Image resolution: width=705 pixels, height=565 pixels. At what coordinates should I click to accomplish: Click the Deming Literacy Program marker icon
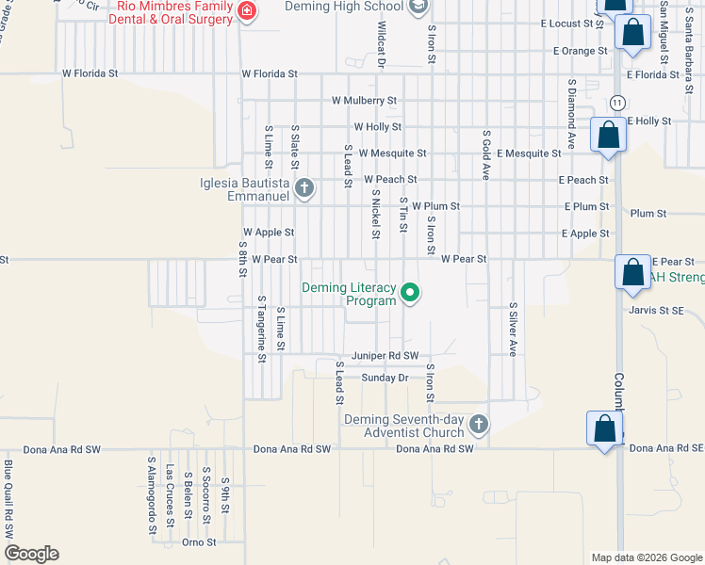point(410,294)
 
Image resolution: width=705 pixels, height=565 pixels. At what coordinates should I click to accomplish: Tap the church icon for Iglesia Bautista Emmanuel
point(303,188)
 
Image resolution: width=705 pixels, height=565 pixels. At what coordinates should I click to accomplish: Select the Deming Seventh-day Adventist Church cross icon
point(478,425)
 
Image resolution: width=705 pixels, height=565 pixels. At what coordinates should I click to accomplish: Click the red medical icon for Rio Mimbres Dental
point(247,11)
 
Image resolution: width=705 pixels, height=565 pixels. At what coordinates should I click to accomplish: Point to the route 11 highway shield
point(616,102)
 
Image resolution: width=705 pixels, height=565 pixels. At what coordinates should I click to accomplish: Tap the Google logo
point(31,554)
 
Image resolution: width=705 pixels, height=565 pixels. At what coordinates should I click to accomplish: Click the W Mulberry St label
point(364,100)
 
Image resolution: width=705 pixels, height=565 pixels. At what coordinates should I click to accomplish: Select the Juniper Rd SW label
point(385,356)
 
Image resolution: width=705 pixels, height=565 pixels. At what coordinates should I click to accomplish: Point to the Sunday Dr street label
point(385,378)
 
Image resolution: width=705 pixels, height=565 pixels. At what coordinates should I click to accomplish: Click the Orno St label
point(199,542)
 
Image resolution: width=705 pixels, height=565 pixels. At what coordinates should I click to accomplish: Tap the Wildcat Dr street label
point(382,45)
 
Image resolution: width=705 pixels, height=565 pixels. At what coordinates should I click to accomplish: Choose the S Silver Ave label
point(514,330)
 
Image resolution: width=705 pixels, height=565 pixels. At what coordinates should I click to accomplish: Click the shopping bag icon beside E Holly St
point(608,135)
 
